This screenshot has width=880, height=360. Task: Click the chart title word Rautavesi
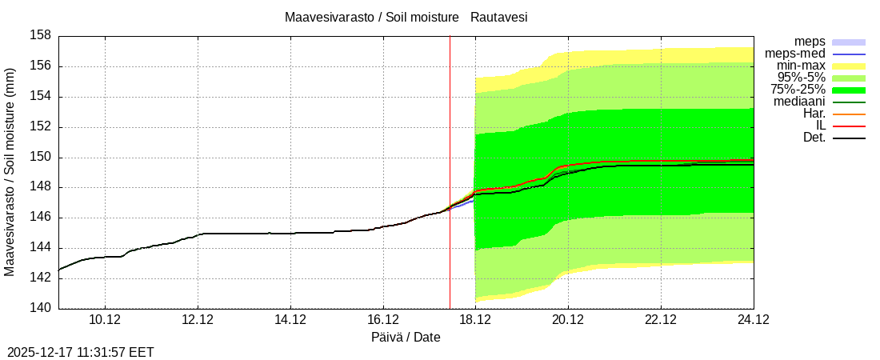coord(498,17)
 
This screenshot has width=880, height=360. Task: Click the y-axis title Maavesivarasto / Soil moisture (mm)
coord(10,172)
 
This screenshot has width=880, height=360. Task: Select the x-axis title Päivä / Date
coord(406,337)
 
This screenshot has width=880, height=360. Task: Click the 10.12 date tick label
coord(105,320)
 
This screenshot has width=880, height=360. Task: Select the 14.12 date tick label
coord(290,320)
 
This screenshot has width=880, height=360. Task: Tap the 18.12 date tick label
coord(475,320)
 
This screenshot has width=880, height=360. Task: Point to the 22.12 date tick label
coord(661,320)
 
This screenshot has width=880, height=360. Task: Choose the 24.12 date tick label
coord(753,320)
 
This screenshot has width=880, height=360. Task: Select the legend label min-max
coord(799,66)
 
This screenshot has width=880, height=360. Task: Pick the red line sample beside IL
coord(849,126)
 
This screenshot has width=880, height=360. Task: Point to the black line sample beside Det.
coord(849,138)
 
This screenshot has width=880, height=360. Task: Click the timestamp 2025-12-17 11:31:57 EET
coord(80,352)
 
